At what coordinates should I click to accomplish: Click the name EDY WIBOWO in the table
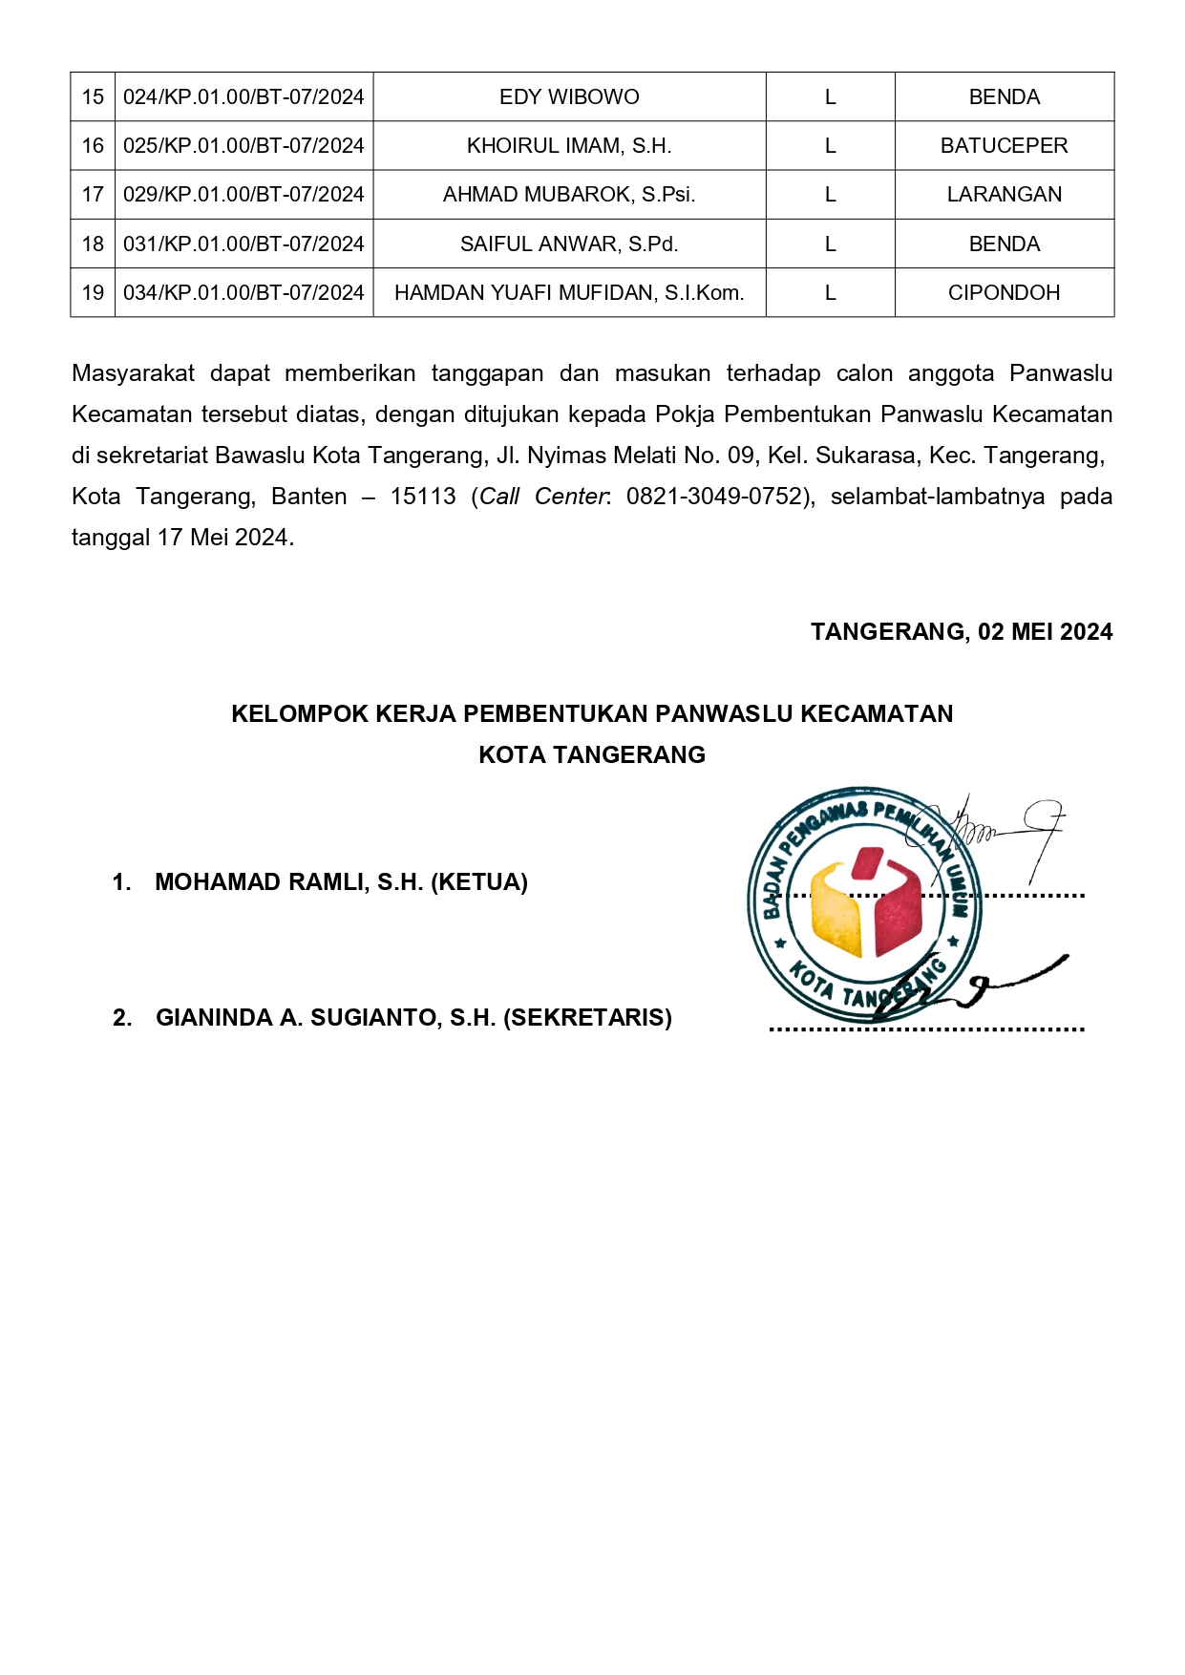pos(569,97)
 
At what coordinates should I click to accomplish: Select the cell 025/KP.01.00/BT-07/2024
pos(243,146)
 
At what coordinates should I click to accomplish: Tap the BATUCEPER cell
pos(1004,146)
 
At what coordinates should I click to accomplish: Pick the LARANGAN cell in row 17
pos(1004,195)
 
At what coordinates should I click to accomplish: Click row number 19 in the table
pos(93,293)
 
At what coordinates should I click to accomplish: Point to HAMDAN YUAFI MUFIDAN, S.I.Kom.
pos(569,293)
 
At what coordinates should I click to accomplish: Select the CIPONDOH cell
pos(1004,293)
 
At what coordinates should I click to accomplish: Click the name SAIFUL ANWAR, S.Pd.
pos(569,244)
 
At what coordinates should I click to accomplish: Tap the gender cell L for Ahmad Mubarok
pos(830,195)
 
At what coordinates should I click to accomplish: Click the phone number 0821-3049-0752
pos(716,497)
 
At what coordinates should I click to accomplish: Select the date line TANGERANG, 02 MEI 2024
pos(961,632)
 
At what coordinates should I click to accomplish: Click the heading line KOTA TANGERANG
pos(592,755)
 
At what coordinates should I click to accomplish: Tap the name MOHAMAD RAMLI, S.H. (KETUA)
pos(341,882)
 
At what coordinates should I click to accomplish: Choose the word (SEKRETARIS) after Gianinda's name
pos(587,1018)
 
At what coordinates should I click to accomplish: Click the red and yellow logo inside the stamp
pos(865,902)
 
